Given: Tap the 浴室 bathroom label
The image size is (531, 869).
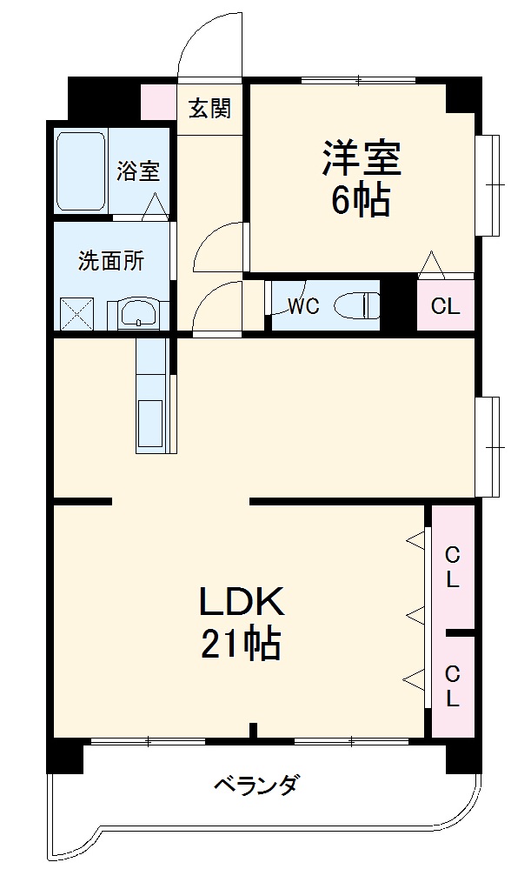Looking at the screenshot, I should point(138,170).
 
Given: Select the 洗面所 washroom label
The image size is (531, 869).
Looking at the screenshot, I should point(110,261).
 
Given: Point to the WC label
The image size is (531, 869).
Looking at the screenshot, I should point(303,306).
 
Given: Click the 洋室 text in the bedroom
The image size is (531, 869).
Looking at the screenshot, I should point(362,159).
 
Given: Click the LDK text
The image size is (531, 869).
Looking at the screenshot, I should point(242,601).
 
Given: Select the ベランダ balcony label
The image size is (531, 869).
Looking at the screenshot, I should point(256,785).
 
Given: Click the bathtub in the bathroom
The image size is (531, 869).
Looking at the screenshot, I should point(82,170).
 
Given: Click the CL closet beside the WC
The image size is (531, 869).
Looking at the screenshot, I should point(446,306).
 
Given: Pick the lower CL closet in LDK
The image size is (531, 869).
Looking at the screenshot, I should point(453,685).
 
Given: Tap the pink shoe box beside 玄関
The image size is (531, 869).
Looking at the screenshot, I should point(157,101).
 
